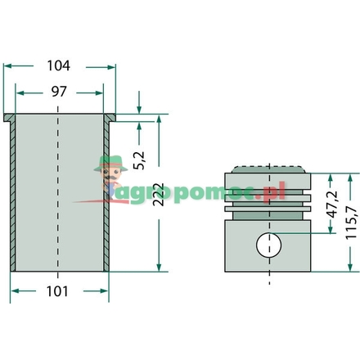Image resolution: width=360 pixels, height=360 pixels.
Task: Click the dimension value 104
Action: click(x=59, y=65)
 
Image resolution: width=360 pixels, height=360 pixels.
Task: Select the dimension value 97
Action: click(x=59, y=92)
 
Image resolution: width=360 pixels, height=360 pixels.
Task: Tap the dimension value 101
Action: click(x=57, y=291)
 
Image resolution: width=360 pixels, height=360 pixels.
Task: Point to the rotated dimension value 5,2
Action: click(x=140, y=160)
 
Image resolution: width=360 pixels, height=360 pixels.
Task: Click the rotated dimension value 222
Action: click(x=159, y=195)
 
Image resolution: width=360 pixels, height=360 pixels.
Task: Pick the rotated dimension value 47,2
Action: click(x=332, y=205)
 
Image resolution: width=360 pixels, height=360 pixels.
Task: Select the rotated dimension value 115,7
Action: click(x=351, y=223)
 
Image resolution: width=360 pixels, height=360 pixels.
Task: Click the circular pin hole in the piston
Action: click(x=269, y=245)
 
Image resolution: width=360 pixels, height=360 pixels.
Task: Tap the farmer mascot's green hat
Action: click(x=110, y=163)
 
